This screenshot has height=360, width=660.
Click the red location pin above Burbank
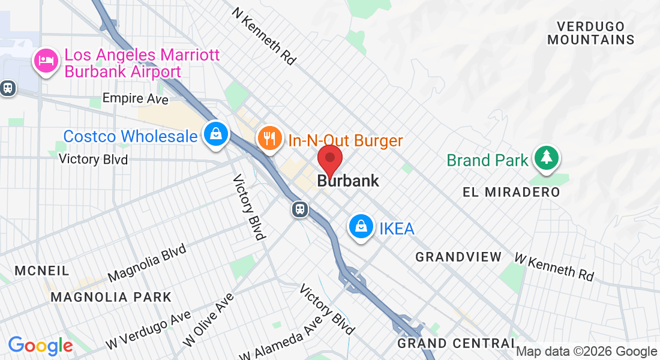tap(329, 159)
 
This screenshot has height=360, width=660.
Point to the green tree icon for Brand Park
tap(546, 158)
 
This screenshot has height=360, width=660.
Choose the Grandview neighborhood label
tap(458, 257)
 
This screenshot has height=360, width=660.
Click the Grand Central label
tap(456, 343)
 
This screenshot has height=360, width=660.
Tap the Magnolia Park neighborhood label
tap(111, 297)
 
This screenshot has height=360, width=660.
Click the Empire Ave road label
tap(136, 98)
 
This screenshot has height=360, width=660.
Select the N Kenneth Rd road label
tap(265, 36)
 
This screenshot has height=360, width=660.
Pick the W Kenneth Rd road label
tap(554, 266)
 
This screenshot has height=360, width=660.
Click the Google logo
tap(40, 346)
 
